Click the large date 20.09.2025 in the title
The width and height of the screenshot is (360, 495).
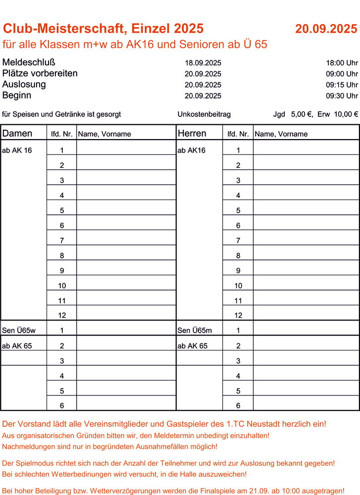click(326, 29)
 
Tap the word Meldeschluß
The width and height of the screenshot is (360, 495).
click(29, 62)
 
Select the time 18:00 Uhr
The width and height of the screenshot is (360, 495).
click(342, 63)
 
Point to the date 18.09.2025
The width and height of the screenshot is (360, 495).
click(203, 63)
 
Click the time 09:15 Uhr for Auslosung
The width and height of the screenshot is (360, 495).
click(342, 85)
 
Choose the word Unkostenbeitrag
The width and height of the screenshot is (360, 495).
click(204, 114)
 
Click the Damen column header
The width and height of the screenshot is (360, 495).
click(17, 134)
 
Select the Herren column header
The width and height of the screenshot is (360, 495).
click(192, 134)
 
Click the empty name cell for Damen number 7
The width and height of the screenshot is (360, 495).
click(126, 241)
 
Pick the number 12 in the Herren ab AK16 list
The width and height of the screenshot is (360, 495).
click(238, 315)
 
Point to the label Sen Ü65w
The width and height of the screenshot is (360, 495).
click(16, 330)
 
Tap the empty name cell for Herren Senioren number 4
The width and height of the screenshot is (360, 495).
click(306, 376)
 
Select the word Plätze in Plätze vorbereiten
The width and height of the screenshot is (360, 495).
click(16, 73)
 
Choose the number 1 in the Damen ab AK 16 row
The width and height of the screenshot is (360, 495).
click(61, 150)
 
